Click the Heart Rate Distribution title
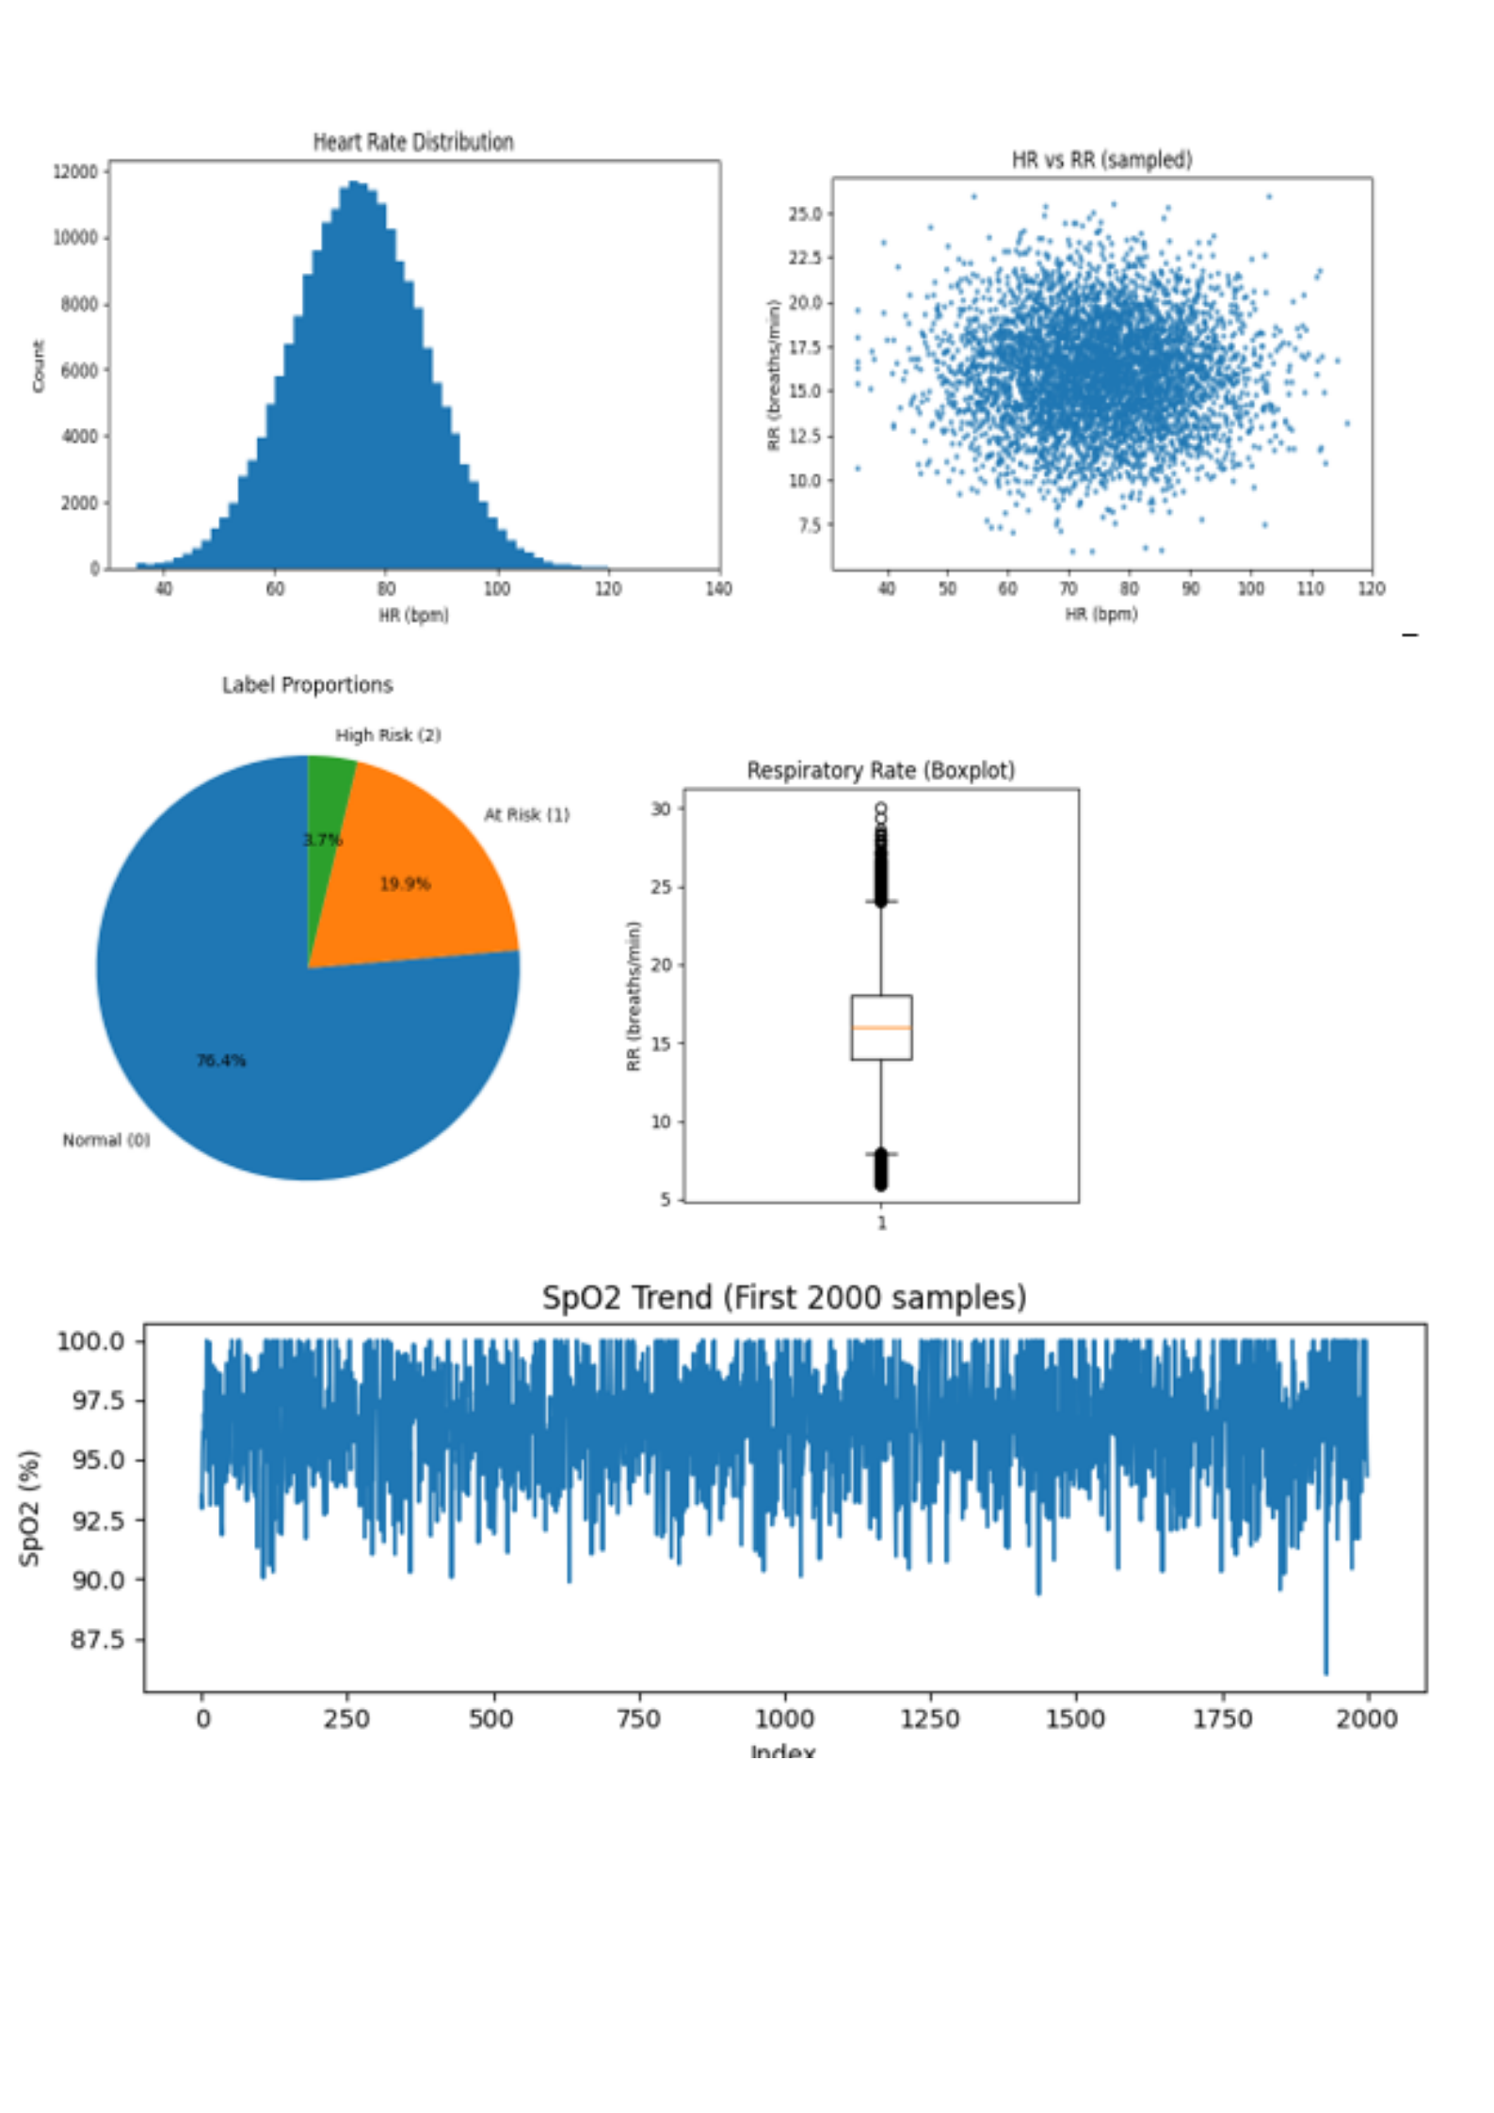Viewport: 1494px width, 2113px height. coord(413,142)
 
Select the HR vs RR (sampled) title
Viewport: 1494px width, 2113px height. coord(1101,160)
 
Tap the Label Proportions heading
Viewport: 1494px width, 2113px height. coord(307,685)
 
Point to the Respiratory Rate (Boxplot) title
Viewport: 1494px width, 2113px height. coord(880,771)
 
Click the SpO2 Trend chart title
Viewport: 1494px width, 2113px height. coord(783,1298)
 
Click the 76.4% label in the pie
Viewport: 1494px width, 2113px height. coord(221,1061)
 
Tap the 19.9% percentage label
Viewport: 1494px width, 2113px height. coord(405,884)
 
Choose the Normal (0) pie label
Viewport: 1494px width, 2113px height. coord(106,1140)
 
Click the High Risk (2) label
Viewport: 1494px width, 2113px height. coord(388,735)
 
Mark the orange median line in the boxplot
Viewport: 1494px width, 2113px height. coord(881,1028)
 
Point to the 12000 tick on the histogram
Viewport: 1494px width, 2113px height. coord(75,172)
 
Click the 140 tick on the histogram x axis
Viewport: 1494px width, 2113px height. coord(718,589)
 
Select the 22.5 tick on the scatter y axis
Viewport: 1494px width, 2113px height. coord(804,259)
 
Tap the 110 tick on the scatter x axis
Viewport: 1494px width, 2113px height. coord(1310,589)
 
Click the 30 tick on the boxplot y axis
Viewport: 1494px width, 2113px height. coord(661,809)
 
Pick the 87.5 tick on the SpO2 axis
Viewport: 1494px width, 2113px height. coord(97,1640)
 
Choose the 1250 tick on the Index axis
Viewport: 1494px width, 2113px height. coord(930,1719)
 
